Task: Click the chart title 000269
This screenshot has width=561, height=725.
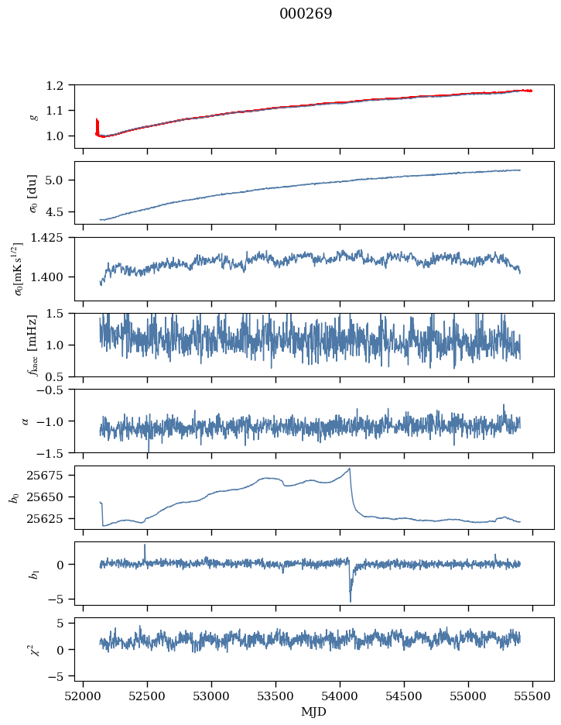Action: tap(306, 15)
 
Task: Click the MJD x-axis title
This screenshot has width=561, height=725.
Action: tap(313, 712)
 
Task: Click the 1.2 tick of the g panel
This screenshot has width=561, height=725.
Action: tap(62, 85)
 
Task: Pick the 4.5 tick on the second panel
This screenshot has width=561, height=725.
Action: tap(62, 211)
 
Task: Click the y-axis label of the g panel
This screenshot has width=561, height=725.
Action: tap(32, 115)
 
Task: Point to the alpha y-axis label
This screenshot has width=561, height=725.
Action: tap(26, 421)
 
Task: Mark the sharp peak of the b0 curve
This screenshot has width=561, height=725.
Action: tap(350, 469)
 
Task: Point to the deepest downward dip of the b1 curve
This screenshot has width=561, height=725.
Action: tap(350, 600)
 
